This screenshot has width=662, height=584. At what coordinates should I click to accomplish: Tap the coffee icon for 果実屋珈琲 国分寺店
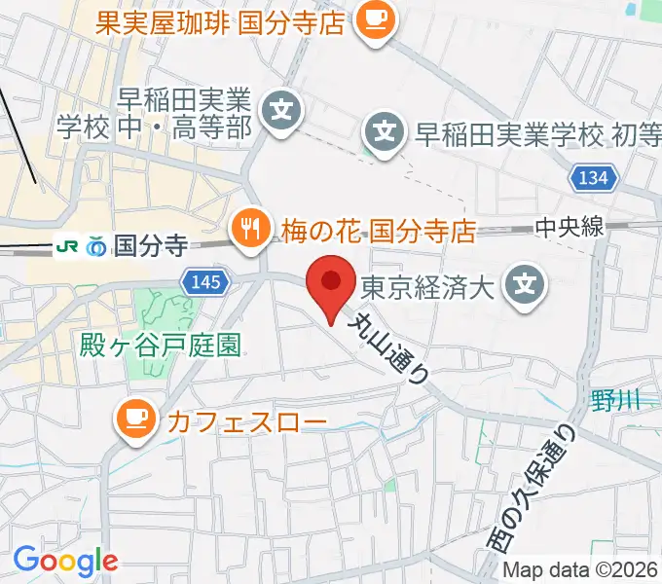372,20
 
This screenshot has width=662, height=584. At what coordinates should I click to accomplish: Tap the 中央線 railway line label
570,228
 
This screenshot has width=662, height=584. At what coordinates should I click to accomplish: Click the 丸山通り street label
388,347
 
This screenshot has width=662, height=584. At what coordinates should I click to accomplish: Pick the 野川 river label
614,398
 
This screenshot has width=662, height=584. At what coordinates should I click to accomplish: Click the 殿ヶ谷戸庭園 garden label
162,346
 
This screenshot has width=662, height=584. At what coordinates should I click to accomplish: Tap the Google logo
65,560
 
